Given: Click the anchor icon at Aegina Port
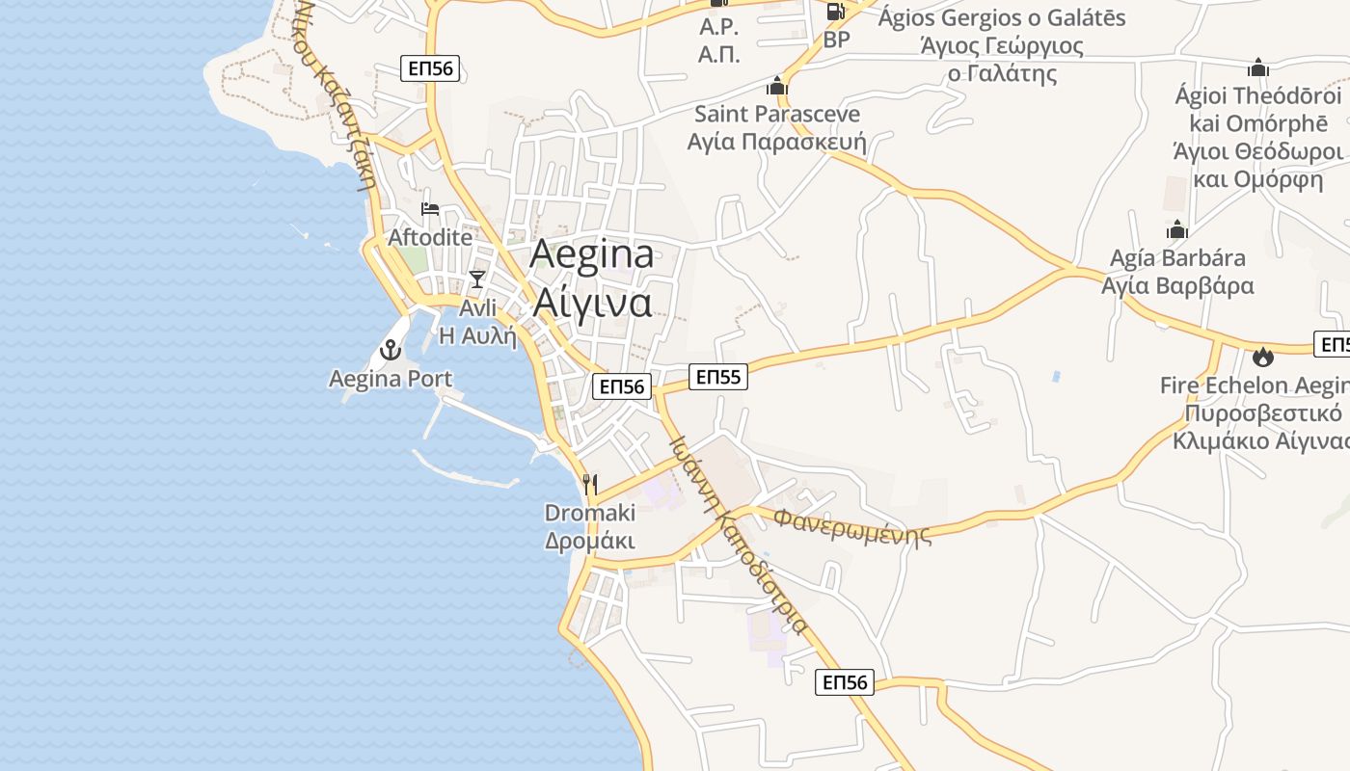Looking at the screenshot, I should click(391, 350).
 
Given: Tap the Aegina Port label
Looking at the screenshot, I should click(391, 379).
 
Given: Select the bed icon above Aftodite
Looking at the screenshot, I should click(430, 209).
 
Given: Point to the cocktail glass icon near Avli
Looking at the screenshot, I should click(476, 279).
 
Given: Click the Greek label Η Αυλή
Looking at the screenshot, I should click(477, 335).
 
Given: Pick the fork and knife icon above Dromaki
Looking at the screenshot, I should click(590, 484).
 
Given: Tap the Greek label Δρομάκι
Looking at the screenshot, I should click(590, 541).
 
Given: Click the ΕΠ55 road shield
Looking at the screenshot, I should click(718, 377).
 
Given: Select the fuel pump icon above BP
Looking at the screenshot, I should click(835, 12).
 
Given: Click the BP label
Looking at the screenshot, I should click(837, 40).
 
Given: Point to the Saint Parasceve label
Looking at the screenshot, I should click(777, 114).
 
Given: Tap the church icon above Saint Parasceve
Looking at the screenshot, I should click(777, 86).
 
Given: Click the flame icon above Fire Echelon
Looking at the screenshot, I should click(1262, 358).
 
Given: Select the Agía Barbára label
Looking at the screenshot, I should click(1177, 258).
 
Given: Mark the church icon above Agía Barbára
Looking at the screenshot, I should click(1176, 230).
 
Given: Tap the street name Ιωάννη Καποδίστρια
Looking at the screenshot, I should click(739, 535).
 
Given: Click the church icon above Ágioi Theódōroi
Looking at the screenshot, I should click(1257, 68).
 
